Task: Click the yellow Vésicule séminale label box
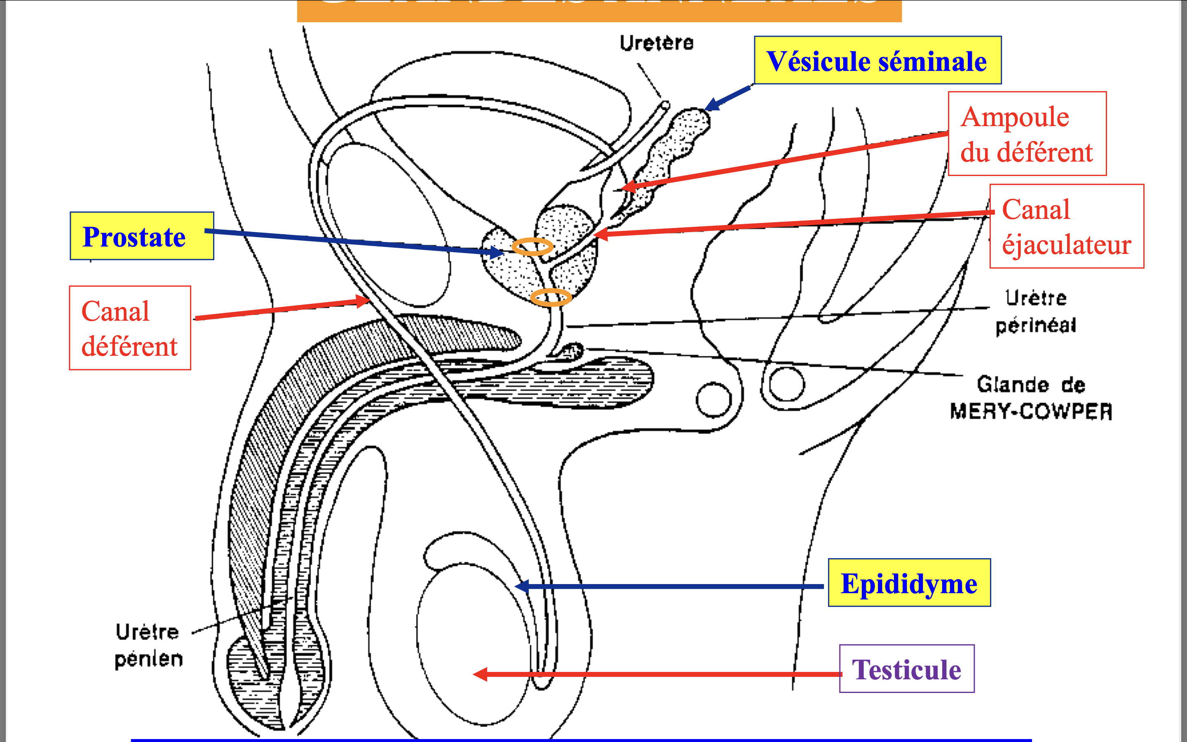[x=877, y=60]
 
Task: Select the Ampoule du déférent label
[x=1027, y=134]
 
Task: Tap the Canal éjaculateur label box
[x=1066, y=226]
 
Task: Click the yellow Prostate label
[x=142, y=236]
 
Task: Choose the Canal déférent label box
[x=130, y=328]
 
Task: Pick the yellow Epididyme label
[x=909, y=583]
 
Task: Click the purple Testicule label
[x=906, y=669]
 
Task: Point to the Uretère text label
[x=656, y=43]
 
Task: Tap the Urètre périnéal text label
[x=1035, y=311]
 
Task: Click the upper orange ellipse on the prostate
[x=532, y=247]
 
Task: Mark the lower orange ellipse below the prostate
[x=551, y=297]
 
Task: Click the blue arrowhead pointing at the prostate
[x=497, y=253]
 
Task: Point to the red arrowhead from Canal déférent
[x=364, y=301]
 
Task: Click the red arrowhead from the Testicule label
[x=480, y=674]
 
